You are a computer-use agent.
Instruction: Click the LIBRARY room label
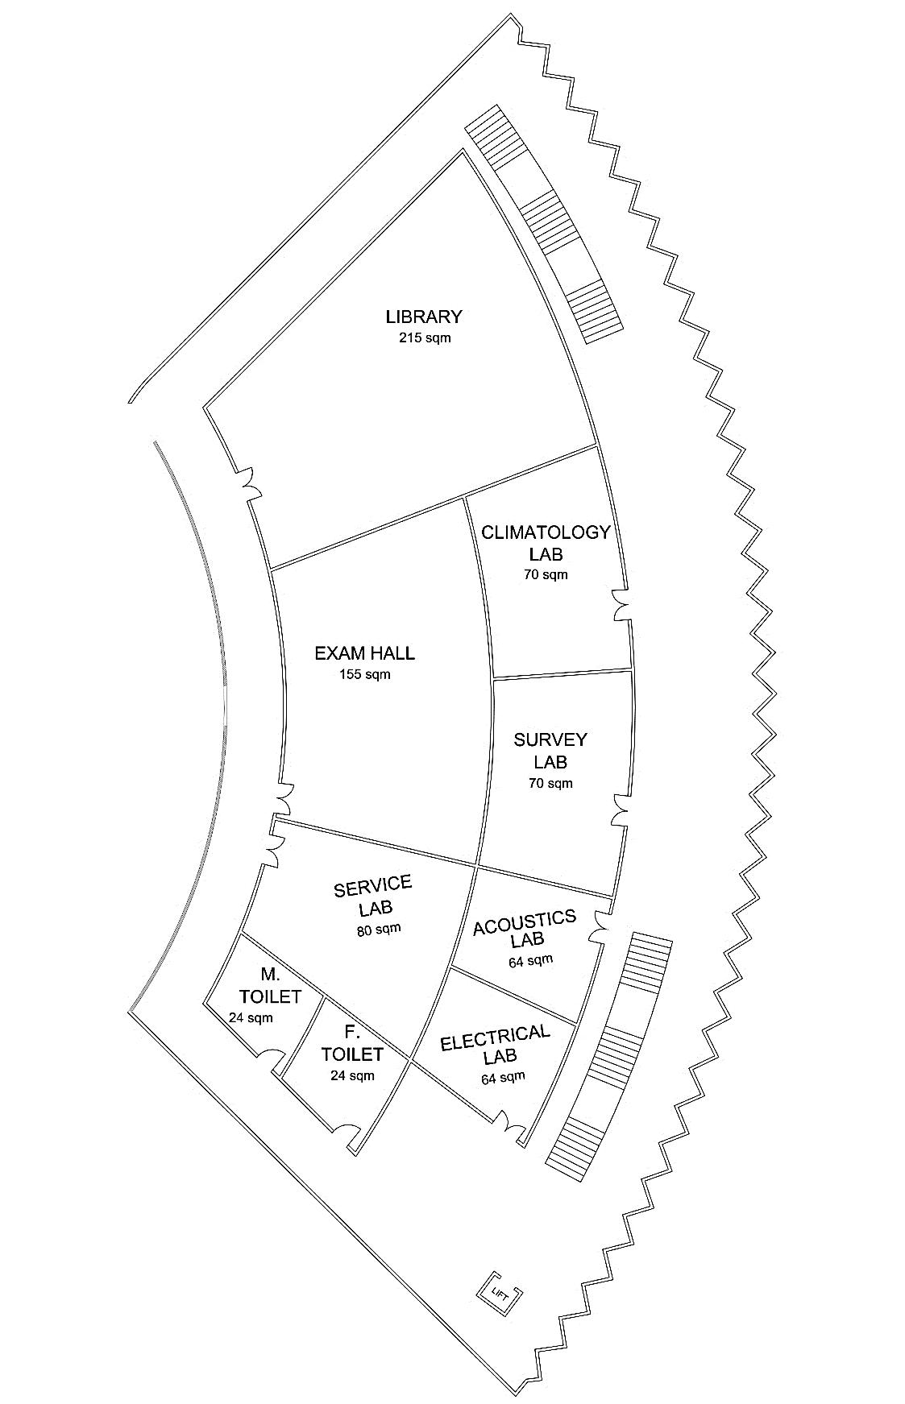tap(423, 317)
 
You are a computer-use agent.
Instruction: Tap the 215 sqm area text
tap(425, 338)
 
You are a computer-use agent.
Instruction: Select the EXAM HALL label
tap(364, 653)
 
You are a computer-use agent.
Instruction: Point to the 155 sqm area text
tap(365, 674)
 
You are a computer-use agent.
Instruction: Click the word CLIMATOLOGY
tap(546, 532)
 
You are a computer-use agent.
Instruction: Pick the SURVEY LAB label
tap(550, 750)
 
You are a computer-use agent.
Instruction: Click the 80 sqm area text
tap(378, 929)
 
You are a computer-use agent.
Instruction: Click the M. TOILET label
tap(269, 986)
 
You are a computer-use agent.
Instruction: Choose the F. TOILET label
tap(351, 1043)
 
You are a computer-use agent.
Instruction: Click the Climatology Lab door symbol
tap(622, 605)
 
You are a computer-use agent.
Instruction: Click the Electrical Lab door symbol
tap(508, 1121)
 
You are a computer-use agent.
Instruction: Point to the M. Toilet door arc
tap(272, 1058)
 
